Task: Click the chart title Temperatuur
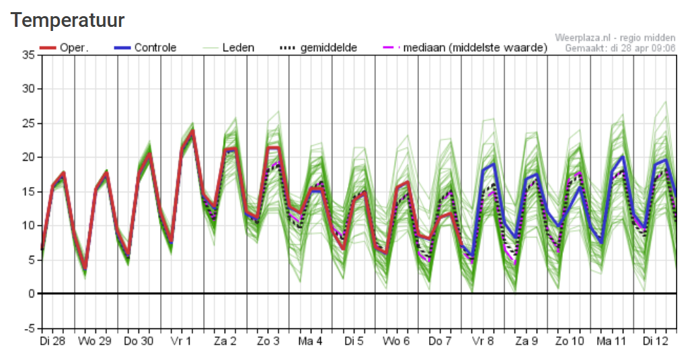coord(68,20)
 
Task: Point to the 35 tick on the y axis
coord(28,55)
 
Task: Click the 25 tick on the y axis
coord(28,123)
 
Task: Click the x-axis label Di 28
coord(52,342)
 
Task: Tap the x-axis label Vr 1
coord(181,342)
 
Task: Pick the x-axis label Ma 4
coord(310,342)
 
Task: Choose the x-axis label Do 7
coord(440,342)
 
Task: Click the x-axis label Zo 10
coord(569,342)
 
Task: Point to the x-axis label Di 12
coord(655,342)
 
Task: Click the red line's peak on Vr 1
coord(193,131)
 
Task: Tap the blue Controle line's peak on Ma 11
coord(623,157)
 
